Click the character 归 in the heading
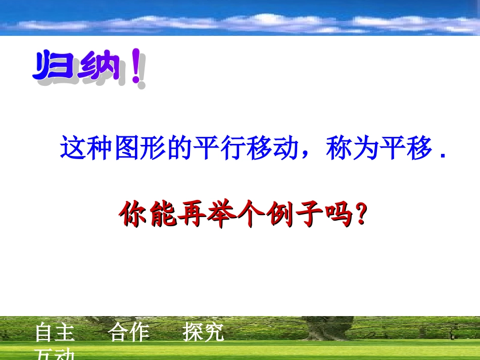click(x=55, y=67)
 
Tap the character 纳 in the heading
click(x=99, y=67)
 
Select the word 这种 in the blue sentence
click(x=87, y=148)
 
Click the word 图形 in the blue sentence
click(x=140, y=148)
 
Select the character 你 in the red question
click(x=133, y=215)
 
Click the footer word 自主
click(x=55, y=333)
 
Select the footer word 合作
click(x=129, y=333)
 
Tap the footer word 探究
click(x=203, y=333)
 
